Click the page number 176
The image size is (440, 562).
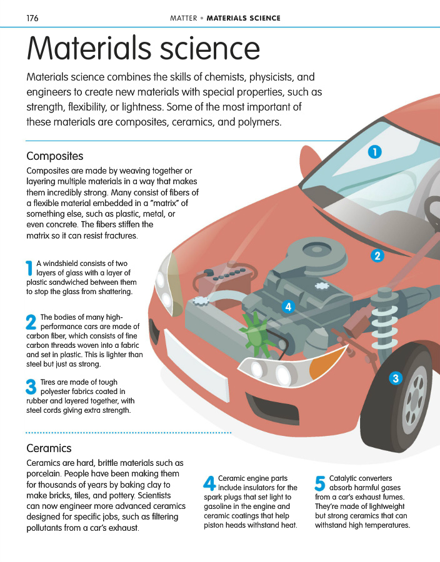coord(32,18)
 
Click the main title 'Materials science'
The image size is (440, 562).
coord(142,48)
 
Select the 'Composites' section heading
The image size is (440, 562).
coord(55,155)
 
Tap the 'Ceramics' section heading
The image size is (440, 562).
coord(49,448)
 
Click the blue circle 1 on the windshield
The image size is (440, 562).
coord(374,151)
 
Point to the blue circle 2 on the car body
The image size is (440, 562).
coord(377,255)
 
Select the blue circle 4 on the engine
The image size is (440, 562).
coord(287,307)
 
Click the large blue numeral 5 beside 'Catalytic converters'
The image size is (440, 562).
coord(321,483)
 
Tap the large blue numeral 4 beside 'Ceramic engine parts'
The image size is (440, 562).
coord(210,483)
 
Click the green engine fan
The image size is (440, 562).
coord(254,334)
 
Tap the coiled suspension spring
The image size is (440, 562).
coord(386,322)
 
